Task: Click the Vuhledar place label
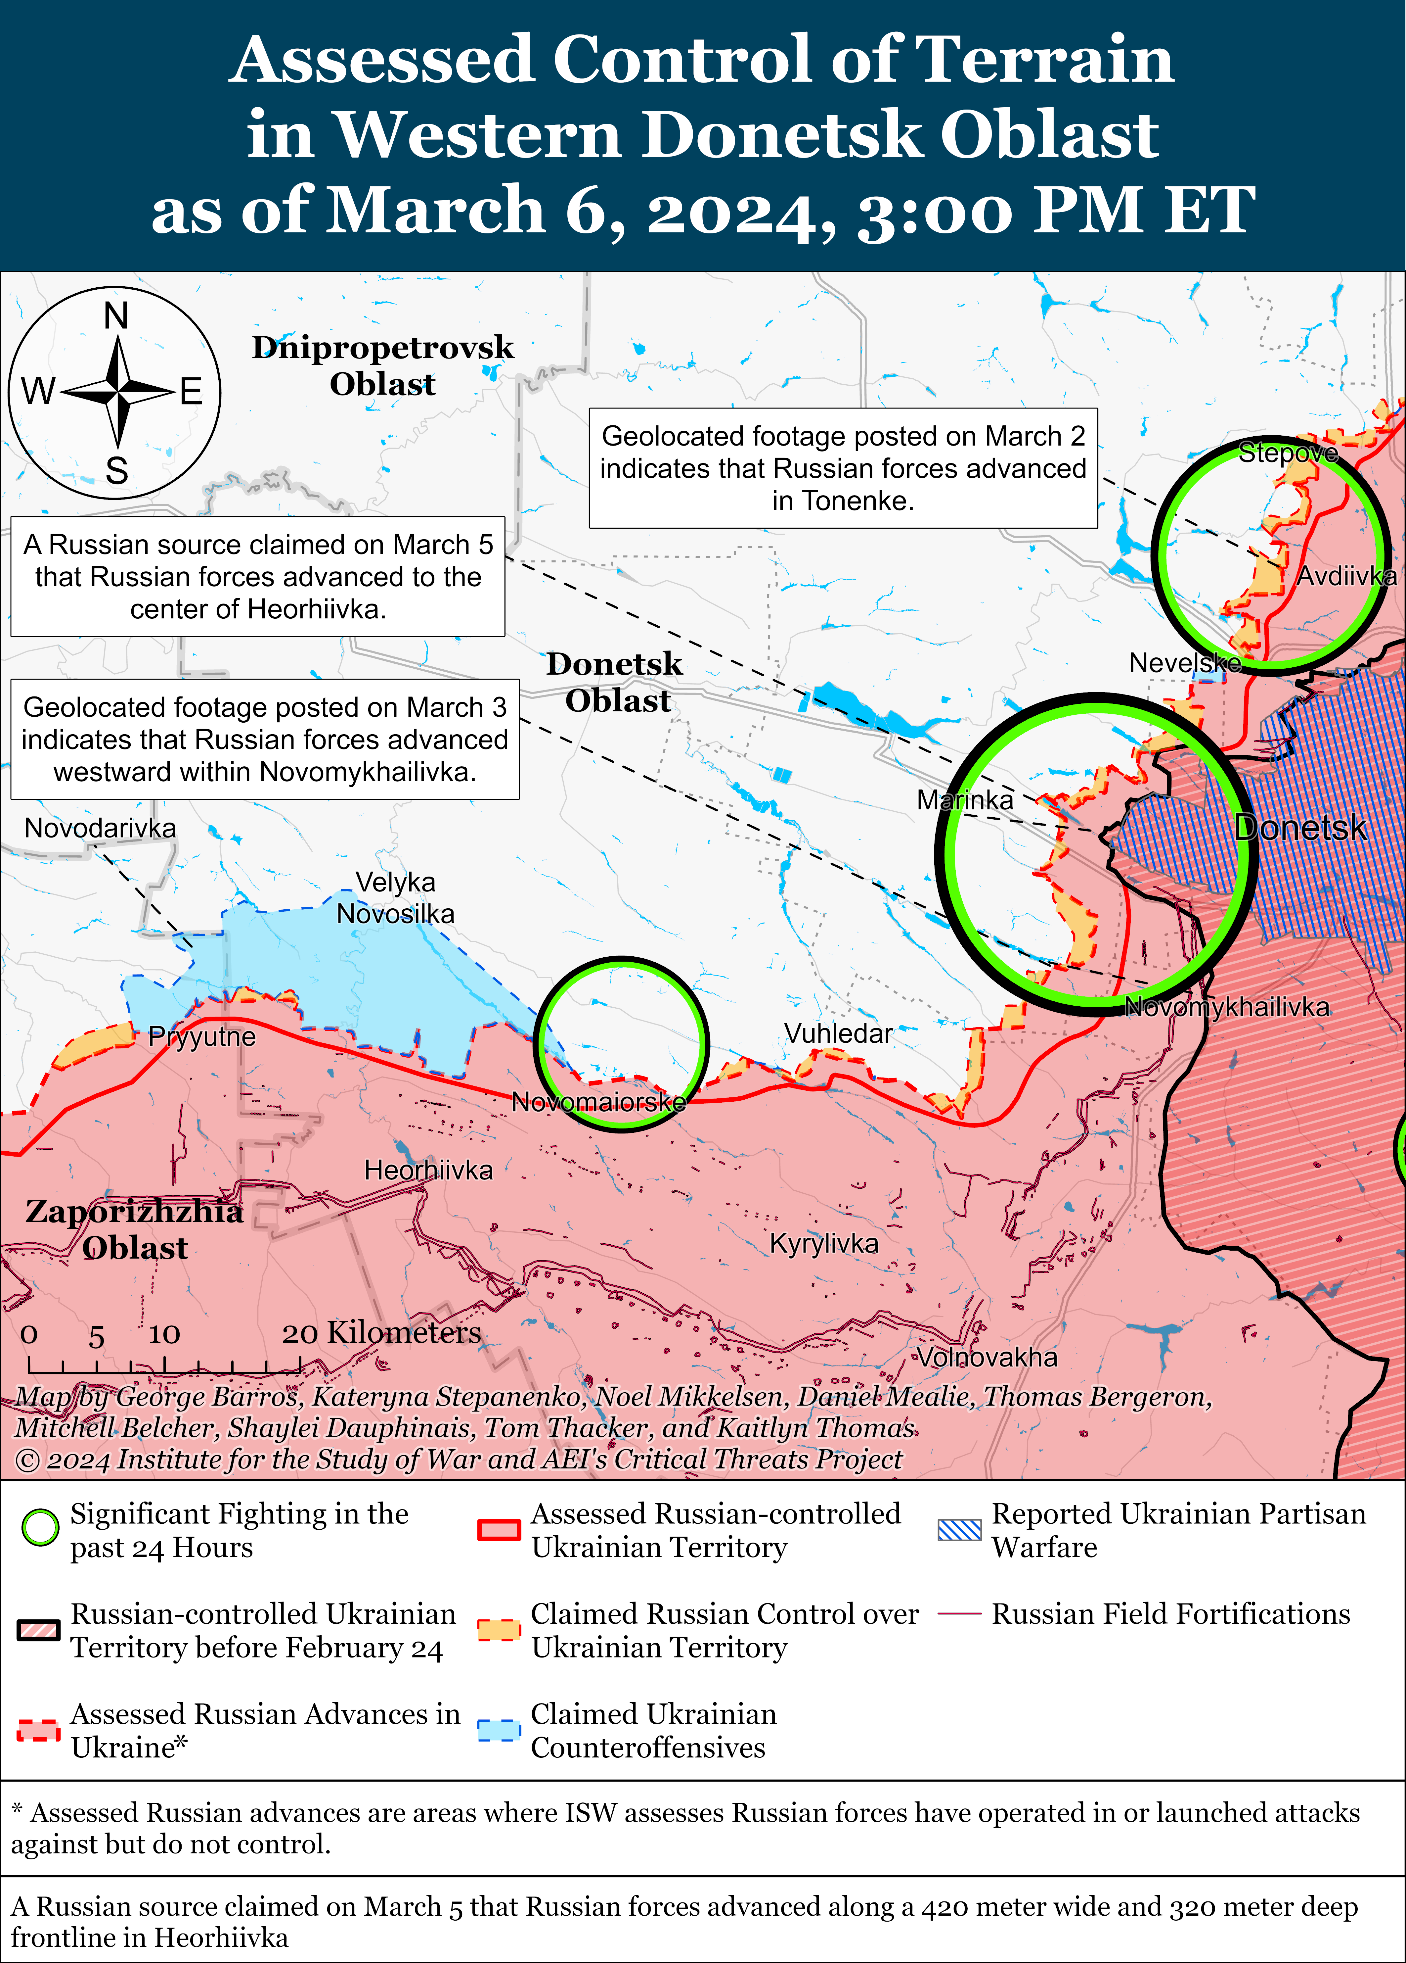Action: click(838, 1033)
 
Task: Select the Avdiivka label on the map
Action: click(1345, 576)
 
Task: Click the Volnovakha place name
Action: click(987, 1357)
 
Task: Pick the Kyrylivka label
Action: click(824, 1244)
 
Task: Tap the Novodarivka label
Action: click(100, 828)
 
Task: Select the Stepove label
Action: click(1288, 453)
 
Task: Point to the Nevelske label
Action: click(1184, 663)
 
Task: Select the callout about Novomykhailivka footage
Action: click(265, 739)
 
